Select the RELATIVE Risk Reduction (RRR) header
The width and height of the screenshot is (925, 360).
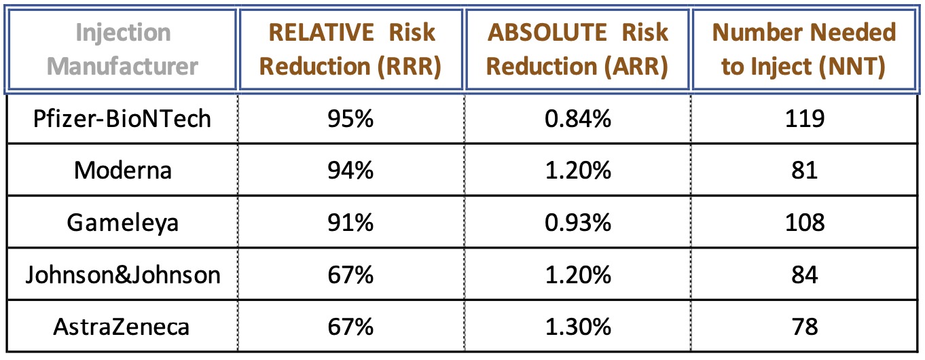351,50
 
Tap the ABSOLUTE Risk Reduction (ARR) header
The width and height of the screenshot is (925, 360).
577,50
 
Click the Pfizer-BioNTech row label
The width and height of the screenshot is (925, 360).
123,119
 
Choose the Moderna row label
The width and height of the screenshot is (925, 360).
123,170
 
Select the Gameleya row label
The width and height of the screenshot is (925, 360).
123,223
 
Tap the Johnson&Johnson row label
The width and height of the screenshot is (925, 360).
123,275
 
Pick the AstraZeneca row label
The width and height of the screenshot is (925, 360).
123,327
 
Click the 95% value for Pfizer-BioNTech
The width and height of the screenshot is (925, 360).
351,119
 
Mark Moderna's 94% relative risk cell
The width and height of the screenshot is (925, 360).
351,170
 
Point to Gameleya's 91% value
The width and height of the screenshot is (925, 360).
351,223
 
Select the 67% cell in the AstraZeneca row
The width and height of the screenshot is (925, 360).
351,327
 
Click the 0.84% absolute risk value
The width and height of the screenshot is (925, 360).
577,119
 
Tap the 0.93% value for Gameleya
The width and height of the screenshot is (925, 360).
577,223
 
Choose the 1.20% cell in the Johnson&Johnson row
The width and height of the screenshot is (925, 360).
577,275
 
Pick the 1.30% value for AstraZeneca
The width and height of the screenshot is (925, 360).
577,327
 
